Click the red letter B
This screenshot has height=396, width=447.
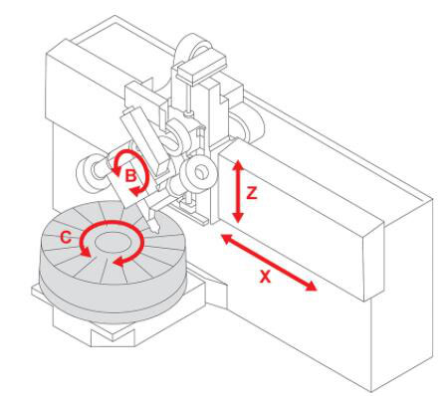(130, 175)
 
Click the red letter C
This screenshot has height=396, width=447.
(66, 238)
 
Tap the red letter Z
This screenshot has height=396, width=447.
(252, 193)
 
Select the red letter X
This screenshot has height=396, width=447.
(265, 277)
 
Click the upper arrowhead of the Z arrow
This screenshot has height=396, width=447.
(238, 165)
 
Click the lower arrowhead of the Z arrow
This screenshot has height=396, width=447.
(238, 217)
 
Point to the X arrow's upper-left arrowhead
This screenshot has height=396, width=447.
(226, 238)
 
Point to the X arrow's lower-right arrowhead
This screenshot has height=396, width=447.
(311, 286)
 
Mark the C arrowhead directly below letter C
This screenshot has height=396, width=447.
(85, 252)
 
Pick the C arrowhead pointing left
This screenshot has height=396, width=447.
(118, 261)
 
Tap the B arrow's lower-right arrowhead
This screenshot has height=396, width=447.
(136, 191)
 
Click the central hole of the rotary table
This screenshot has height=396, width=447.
(112, 242)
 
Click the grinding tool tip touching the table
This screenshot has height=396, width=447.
(154, 226)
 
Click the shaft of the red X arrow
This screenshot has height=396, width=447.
(269, 262)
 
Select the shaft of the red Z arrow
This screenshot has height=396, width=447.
(238, 191)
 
